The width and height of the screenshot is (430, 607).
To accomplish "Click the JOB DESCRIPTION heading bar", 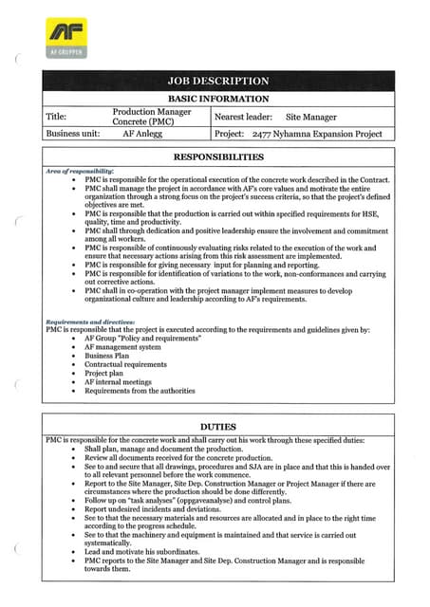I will pyautogui.click(x=217, y=82).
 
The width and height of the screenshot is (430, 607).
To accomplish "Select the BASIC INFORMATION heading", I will pyautogui.click(x=217, y=99).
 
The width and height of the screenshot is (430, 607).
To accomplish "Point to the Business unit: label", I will pyautogui.click(x=73, y=135).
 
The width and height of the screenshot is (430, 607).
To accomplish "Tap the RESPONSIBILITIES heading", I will pyautogui.click(x=217, y=156).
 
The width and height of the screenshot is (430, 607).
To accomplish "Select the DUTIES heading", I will pyautogui.click(x=217, y=428).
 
